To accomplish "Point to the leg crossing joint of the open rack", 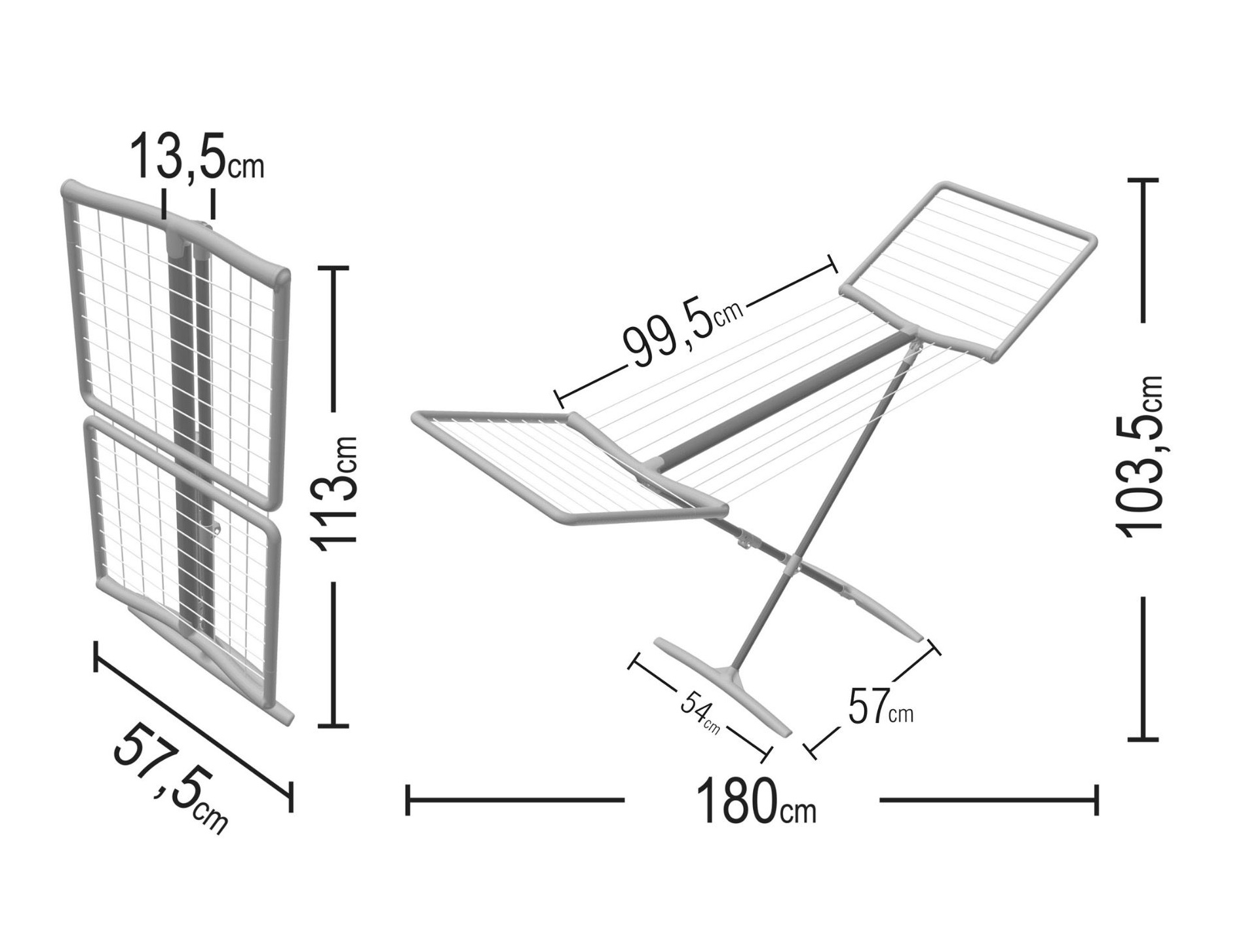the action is tap(794, 560).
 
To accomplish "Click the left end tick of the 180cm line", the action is tap(408, 800).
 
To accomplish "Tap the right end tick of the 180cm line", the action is tap(1096, 800).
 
